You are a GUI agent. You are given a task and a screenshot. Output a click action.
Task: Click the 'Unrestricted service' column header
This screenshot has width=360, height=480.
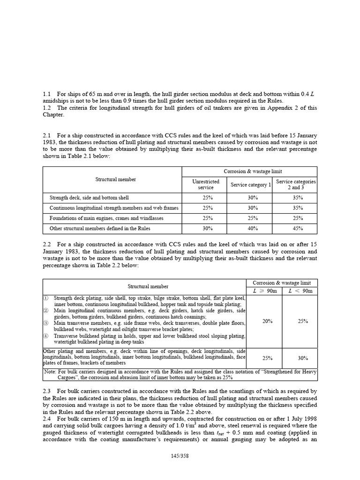pyautogui.click(x=206, y=184)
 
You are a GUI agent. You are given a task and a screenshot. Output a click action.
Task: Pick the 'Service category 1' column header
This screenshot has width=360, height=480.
pyautogui.click(x=251, y=184)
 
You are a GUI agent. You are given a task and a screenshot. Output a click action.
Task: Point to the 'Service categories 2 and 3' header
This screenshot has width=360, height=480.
pyautogui.click(x=296, y=184)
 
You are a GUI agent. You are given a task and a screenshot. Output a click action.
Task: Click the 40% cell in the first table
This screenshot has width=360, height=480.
pyautogui.click(x=251, y=228)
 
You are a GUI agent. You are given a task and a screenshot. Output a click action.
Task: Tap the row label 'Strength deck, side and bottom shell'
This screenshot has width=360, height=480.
pyautogui.click(x=89, y=198)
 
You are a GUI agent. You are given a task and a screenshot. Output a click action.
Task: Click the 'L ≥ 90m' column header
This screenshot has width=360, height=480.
pyautogui.click(x=264, y=291)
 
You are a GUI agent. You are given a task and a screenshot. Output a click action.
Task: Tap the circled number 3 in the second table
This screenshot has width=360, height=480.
pyautogui.click(x=46, y=323)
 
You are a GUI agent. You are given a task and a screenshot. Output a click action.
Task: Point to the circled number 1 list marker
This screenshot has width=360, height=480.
pyautogui.click(x=46, y=298)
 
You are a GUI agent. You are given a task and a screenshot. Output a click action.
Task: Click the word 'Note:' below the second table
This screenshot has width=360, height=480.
pyautogui.click(x=51, y=371)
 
